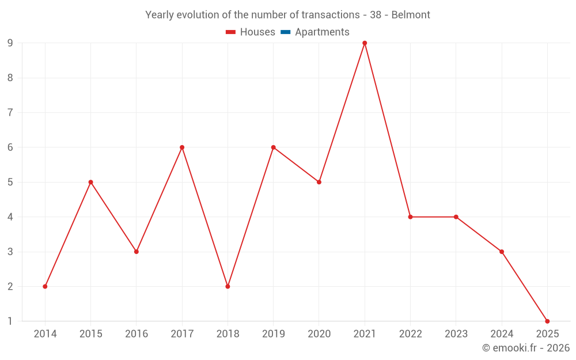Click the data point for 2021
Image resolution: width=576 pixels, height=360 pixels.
coord(365,43)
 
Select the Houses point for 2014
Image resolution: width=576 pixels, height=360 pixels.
coord(45,286)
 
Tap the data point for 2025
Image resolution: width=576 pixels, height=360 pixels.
coord(547,321)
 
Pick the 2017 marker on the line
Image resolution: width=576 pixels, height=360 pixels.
coord(182,147)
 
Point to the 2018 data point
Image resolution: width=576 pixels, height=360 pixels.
coord(228,286)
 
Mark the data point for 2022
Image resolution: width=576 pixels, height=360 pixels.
coord(410,217)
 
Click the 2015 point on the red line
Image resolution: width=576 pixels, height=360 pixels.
coord(90,182)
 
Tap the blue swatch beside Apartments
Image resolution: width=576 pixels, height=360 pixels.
coord(285,32)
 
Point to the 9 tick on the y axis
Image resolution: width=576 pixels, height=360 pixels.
coord(10,43)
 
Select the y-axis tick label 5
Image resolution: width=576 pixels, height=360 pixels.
coord(10,182)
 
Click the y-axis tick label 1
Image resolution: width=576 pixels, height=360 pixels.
coord(10,321)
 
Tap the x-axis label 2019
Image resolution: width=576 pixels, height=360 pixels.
coord(273,334)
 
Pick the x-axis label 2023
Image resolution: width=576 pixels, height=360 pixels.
coord(456,334)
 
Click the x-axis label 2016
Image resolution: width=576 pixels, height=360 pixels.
coord(137,334)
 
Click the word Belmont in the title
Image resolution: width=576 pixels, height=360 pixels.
coord(411,15)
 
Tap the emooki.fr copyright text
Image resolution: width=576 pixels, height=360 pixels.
coord(526,348)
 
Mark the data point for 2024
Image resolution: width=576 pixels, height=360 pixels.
coord(502,252)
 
